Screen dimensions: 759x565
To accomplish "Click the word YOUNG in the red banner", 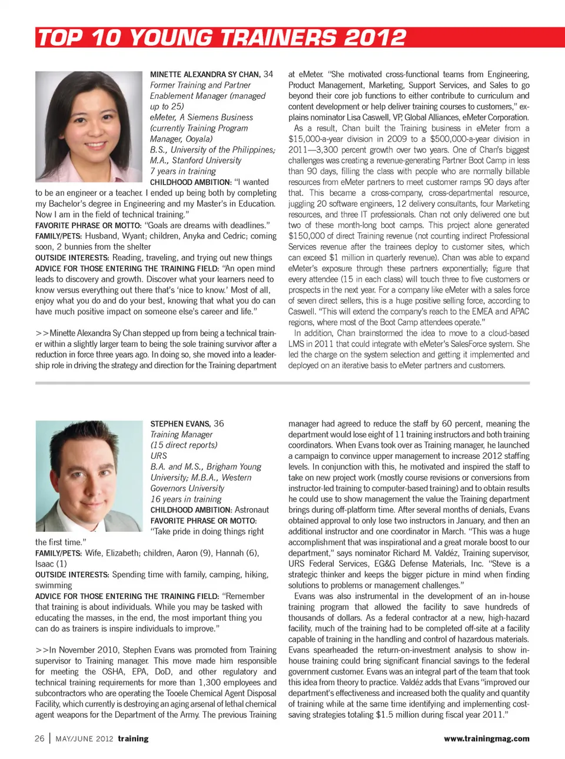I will click(170, 38).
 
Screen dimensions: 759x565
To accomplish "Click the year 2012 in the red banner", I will click(375, 38).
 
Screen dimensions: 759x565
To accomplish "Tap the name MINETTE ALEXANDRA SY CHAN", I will click(205, 75).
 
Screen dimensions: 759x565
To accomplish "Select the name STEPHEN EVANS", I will click(180, 424).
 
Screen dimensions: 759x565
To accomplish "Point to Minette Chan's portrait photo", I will click(88, 126).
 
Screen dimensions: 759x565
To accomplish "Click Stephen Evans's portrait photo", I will click(89, 476).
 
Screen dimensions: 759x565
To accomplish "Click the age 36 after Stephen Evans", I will click(219, 424).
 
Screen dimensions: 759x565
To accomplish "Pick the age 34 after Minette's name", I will click(268, 74).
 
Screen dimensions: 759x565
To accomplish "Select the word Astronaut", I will click(251, 510).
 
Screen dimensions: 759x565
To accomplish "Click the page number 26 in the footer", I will click(39, 738).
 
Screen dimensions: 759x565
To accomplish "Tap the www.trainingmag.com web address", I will click(487, 738).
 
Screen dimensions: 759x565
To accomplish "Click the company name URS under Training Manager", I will click(159, 456).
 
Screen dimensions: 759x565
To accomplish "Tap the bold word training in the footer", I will click(133, 738).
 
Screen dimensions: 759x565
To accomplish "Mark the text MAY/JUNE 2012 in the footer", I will click(84, 739).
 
